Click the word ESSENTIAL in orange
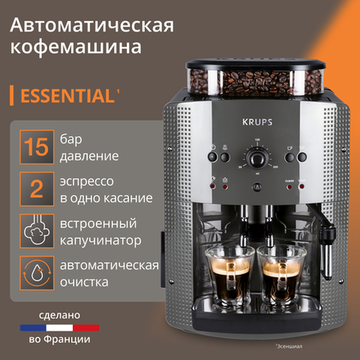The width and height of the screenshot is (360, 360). pos(66,96)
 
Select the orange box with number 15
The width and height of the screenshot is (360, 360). pos(33,146)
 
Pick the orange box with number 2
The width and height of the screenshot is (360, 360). pos(33,188)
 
